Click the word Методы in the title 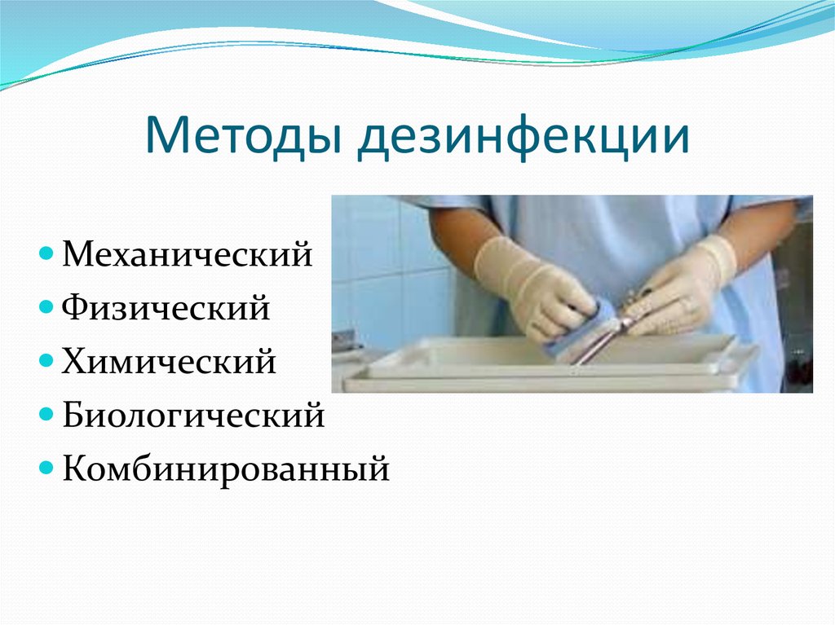245,136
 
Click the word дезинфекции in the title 522,136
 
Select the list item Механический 188,253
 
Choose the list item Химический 169,362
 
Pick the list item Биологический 193,416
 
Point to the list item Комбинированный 226,469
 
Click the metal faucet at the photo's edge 346,342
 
